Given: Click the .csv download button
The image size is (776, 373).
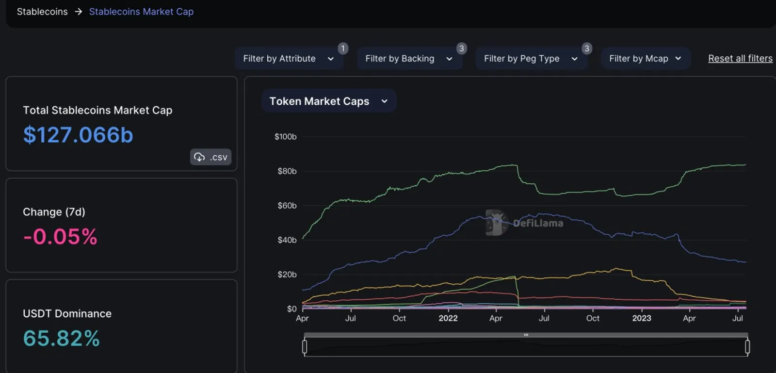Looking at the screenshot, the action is (x=210, y=157).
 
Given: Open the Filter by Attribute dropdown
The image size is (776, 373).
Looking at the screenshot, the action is (x=289, y=59).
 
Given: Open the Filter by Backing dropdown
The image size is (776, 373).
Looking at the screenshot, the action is (x=409, y=59).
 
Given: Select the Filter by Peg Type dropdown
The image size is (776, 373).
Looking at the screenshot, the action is (x=532, y=59).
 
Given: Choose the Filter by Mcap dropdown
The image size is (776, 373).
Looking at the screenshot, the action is (x=646, y=59).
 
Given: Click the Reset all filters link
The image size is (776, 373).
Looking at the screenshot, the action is (x=740, y=58).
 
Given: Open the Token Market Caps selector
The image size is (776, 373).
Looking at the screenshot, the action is (x=329, y=101).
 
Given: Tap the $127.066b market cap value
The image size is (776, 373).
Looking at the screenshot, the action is (x=78, y=135).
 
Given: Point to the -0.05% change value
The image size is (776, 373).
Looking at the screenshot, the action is (x=60, y=237).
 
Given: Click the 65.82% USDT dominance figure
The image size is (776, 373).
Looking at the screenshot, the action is (x=61, y=338).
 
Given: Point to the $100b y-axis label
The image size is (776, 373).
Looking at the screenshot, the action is (x=286, y=137).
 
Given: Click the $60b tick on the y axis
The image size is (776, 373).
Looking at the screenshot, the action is (x=287, y=206).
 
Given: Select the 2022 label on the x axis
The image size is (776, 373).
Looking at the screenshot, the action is (x=448, y=318).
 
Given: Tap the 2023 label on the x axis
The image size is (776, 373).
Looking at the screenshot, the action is (x=642, y=318).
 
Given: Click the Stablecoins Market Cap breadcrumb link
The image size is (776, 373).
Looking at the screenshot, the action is (x=141, y=12).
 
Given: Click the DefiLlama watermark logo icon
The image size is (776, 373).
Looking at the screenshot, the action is (x=497, y=223).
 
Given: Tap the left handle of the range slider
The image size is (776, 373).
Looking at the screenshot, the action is (x=305, y=347).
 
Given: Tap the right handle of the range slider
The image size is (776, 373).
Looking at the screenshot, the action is (x=747, y=347).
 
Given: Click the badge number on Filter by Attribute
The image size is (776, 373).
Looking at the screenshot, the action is (x=343, y=49).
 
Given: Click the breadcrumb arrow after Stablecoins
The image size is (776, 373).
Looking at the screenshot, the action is (x=78, y=12).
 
